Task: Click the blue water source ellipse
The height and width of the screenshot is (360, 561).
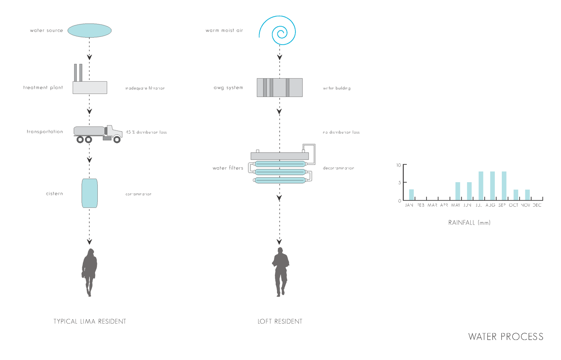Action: click(89, 30)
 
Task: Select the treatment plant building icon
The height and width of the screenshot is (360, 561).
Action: click(89, 87)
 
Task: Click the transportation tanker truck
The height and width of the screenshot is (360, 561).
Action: click(97, 133)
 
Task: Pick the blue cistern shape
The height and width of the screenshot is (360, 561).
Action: click(89, 193)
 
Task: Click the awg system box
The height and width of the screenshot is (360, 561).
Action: click(279, 87)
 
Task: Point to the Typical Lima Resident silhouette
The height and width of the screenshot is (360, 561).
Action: click(89, 272)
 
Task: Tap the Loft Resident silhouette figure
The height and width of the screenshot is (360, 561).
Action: click(280, 272)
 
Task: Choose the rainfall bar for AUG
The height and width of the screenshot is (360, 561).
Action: click(492, 186)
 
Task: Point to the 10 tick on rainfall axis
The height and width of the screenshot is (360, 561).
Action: click(399, 165)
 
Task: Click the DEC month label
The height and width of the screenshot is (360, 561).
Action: click(537, 205)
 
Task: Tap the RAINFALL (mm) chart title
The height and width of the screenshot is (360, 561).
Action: click(469, 222)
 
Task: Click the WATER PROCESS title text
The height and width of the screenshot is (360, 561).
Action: click(505, 336)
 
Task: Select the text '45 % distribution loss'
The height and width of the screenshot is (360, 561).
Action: click(146, 132)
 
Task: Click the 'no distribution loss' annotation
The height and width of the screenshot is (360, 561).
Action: click(341, 132)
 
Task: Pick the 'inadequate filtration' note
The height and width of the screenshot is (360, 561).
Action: click(145, 88)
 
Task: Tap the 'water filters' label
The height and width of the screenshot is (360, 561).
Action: click(227, 168)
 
